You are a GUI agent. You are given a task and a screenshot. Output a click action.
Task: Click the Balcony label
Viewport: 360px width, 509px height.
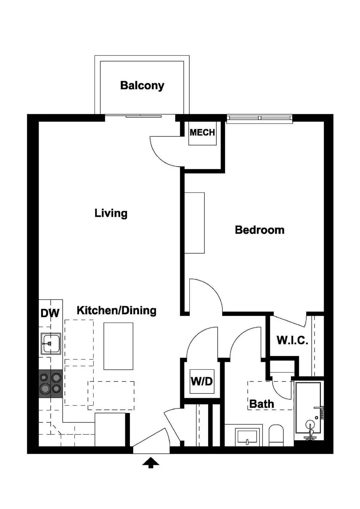(x=142, y=85)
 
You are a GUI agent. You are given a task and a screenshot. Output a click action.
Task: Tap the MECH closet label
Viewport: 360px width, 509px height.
(x=202, y=132)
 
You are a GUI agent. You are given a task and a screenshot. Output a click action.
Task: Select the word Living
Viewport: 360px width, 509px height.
(x=111, y=213)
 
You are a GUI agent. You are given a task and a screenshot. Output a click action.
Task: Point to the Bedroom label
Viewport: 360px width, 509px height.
(x=259, y=230)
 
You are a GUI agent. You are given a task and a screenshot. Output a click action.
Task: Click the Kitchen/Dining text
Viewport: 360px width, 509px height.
(x=116, y=310)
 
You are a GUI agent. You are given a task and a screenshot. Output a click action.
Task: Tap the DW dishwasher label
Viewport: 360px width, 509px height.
(x=50, y=313)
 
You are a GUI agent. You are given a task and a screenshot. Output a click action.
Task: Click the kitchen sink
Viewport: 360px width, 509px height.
(x=51, y=344)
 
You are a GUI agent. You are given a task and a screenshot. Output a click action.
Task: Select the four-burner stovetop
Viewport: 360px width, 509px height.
(x=51, y=383)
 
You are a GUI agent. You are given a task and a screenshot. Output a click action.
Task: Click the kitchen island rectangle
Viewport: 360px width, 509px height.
(x=118, y=346)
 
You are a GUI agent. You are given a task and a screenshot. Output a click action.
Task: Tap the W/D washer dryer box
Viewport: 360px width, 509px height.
(x=201, y=381)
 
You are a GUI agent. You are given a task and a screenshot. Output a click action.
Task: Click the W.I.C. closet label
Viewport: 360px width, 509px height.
(x=292, y=340)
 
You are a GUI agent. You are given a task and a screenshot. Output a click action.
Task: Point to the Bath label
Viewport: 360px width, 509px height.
(x=261, y=404)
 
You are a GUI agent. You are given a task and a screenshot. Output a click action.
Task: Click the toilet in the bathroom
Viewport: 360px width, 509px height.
(x=276, y=435)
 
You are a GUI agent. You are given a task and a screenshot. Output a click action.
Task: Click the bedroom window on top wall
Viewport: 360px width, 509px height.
(x=259, y=118)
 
